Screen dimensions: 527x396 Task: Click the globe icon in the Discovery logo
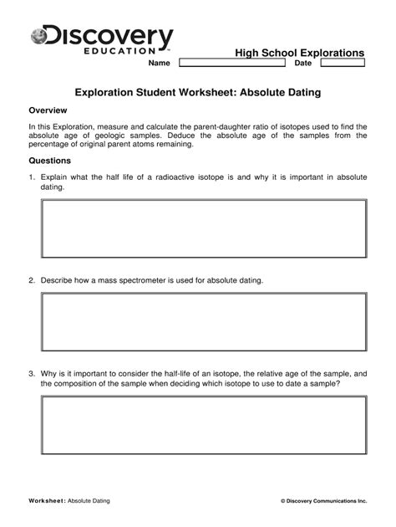tap(39, 36)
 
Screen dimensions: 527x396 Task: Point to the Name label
tap(159, 64)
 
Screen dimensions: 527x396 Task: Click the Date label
tap(303, 64)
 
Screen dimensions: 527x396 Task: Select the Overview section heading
tap(48, 110)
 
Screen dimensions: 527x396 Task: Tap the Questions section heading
tap(50, 161)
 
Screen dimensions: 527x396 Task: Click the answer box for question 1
tap(204, 228)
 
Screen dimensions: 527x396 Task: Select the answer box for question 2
tap(204, 322)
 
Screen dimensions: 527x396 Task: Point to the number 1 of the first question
tap(31, 177)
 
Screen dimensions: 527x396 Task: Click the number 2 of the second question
tap(31, 279)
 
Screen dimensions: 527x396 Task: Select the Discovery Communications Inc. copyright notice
tap(324, 500)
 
